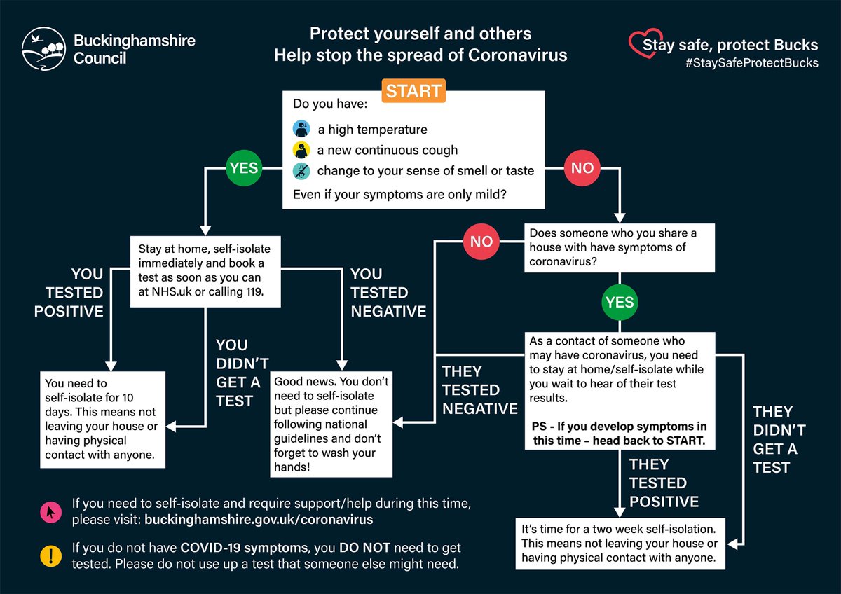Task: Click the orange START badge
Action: pyautogui.click(x=413, y=91)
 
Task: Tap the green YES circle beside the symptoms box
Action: pyautogui.click(x=242, y=168)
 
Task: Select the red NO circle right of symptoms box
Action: pyautogui.click(x=582, y=168)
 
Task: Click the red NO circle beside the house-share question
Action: pyautogui.click(x=481, y=242)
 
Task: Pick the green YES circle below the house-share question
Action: pyautogui.click(x=620, y=303)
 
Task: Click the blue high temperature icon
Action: pyautogui.click(x=301, y=129)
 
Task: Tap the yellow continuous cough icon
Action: pyautogui.click(x=301, y=150)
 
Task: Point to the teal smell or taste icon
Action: pyautogui.click(x=301, y=170)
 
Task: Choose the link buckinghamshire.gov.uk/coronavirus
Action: pyautogui.click(x=258, y=520)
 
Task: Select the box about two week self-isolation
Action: pyautogui.click(x=620, y=543)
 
